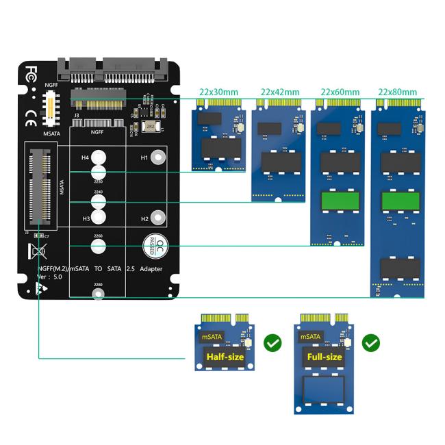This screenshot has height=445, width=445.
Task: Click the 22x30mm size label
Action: point(218,92)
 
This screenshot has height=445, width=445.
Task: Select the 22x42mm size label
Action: point(280,92)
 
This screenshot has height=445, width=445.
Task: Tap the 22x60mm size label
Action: point(340,92)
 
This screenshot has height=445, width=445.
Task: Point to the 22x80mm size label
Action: point(399,92)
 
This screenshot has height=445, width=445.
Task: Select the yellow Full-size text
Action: point(324,357)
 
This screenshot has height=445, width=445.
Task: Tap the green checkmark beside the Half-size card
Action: point(272,342)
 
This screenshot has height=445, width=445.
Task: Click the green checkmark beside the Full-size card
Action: point(371,342)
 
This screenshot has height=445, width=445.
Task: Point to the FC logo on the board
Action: point(32,71)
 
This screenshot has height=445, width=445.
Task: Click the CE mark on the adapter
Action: point(31,124)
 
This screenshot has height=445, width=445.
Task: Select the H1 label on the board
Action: point(144,157)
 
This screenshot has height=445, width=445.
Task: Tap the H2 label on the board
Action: point(144,219)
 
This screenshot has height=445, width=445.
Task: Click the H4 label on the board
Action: point(86,157)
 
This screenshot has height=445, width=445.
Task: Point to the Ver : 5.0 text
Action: point(52,277)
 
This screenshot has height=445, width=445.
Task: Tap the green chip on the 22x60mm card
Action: point(340,201)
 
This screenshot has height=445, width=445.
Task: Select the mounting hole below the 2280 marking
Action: point(98,294)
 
